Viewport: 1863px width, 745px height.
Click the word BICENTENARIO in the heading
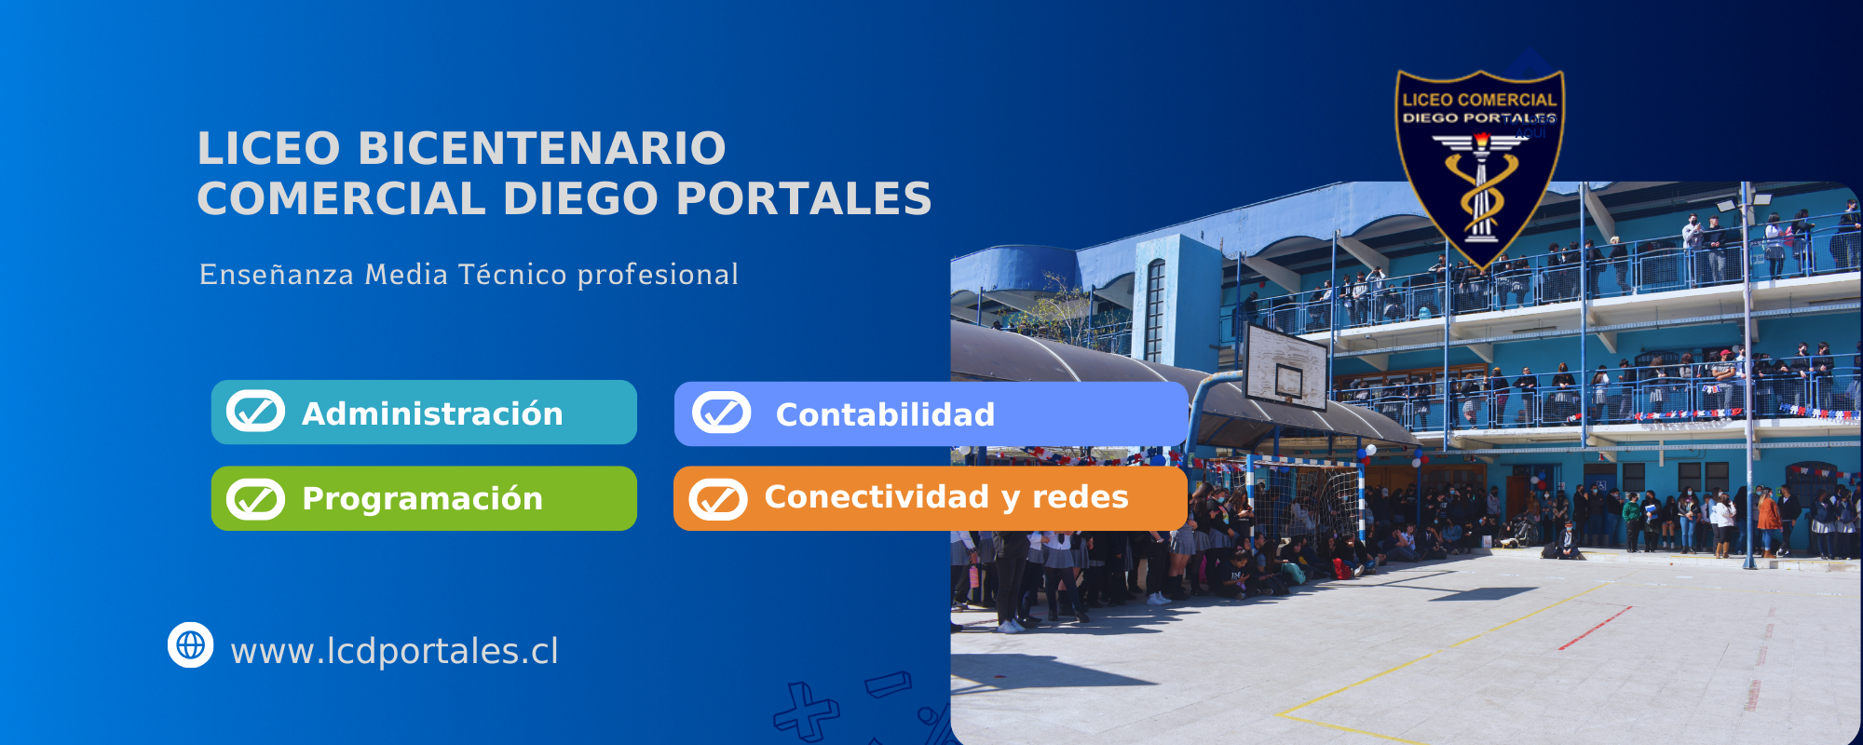[x=541, y=149]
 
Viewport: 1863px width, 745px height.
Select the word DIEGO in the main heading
[x=580, y=199]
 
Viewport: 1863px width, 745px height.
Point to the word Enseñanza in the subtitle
[x=277, y=275]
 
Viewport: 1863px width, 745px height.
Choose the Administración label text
[x=432, y=413]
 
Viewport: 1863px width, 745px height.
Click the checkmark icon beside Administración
[x=255, y=412]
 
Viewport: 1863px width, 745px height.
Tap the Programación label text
[x=422, y=499]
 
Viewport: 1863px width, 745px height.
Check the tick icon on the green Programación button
[x=255, y=499]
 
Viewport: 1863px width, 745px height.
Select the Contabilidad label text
[x=885, y=415]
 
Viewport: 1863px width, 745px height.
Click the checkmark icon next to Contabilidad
[x=721, y=413]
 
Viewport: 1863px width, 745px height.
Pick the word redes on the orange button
[x=1080, y=497]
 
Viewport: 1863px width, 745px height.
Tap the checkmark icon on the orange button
[x=718, y=499]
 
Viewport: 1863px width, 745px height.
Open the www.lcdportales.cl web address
[x=394, y=651]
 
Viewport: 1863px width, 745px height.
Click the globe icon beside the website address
[x=191, y=644]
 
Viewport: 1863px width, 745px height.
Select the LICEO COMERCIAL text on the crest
[x=1479, y=100]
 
